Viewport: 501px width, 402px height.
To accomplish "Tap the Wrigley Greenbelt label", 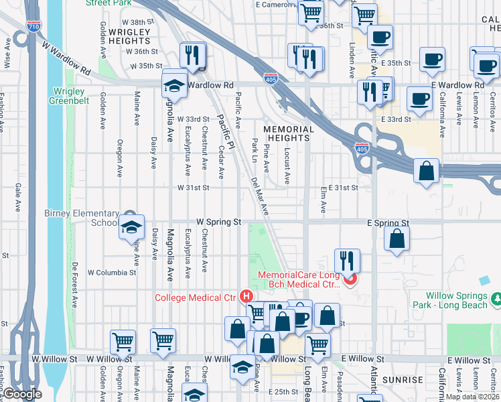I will (67, 96).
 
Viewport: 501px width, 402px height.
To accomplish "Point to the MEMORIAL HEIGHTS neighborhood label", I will (288, 133).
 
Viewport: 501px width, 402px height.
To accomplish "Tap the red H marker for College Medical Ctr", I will (246, 295).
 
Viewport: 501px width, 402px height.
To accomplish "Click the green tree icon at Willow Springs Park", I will (496, 297).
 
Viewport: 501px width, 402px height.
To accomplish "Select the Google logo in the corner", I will (22, 393).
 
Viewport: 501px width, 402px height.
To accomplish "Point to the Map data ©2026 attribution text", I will (473, 397).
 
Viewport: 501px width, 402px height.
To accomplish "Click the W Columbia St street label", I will (110, 273).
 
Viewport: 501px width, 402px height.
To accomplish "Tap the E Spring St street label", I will (388, 222).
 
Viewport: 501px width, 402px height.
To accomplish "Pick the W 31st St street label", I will (193, 188).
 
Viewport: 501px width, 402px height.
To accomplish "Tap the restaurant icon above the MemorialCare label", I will (347, 261).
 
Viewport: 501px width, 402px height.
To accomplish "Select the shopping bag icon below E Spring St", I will (397, 239).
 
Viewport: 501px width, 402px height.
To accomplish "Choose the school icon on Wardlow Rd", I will (174, 85).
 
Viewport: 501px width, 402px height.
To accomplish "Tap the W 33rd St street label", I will (194, 119).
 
